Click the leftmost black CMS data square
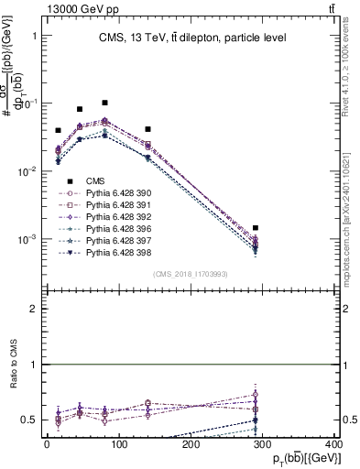[x=59, y=131]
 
